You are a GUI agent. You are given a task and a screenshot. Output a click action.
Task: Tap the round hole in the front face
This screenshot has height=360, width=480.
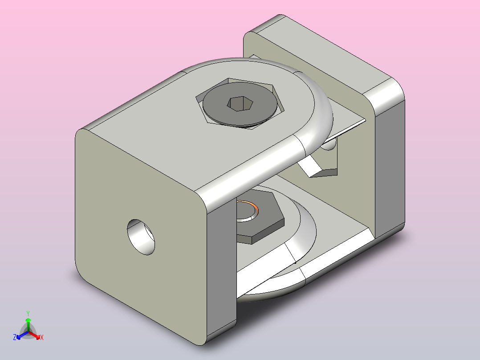coord(142,236)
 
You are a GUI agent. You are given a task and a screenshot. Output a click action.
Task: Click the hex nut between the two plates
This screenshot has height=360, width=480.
coord(263,225)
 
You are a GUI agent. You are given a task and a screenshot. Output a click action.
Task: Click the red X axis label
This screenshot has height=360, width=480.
coord(42,337)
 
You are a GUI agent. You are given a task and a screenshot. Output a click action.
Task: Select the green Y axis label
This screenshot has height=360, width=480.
coord(28,313)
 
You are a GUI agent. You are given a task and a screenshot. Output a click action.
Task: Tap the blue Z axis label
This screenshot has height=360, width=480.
coord(15,337)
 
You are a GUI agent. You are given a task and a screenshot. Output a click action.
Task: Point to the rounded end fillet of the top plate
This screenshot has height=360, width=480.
coord(318,120)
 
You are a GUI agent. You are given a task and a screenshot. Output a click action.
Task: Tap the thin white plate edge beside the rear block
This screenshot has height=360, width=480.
coord(347,127)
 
